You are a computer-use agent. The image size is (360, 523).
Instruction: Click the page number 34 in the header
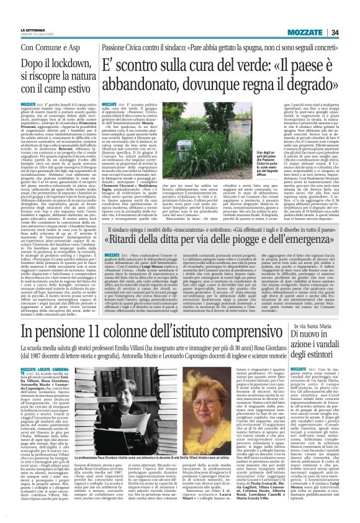[350, 15]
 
